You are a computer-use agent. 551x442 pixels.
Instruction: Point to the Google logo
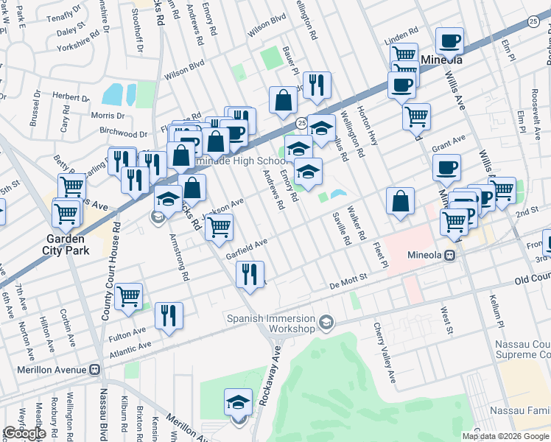[x=24, y=433]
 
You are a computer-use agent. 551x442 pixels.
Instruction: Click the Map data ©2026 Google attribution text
[x=505, y=436]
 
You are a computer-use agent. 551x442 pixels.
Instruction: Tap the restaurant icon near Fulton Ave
[x=169, y=315]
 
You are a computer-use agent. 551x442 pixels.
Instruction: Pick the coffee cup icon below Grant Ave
[x=446, y=167]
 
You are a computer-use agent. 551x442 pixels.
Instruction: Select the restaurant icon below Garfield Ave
[x=250, y=275]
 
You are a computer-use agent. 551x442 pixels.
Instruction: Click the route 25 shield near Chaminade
[x=301, y=121]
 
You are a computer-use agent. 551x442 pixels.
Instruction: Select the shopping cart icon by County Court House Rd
[x=128, y=296]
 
